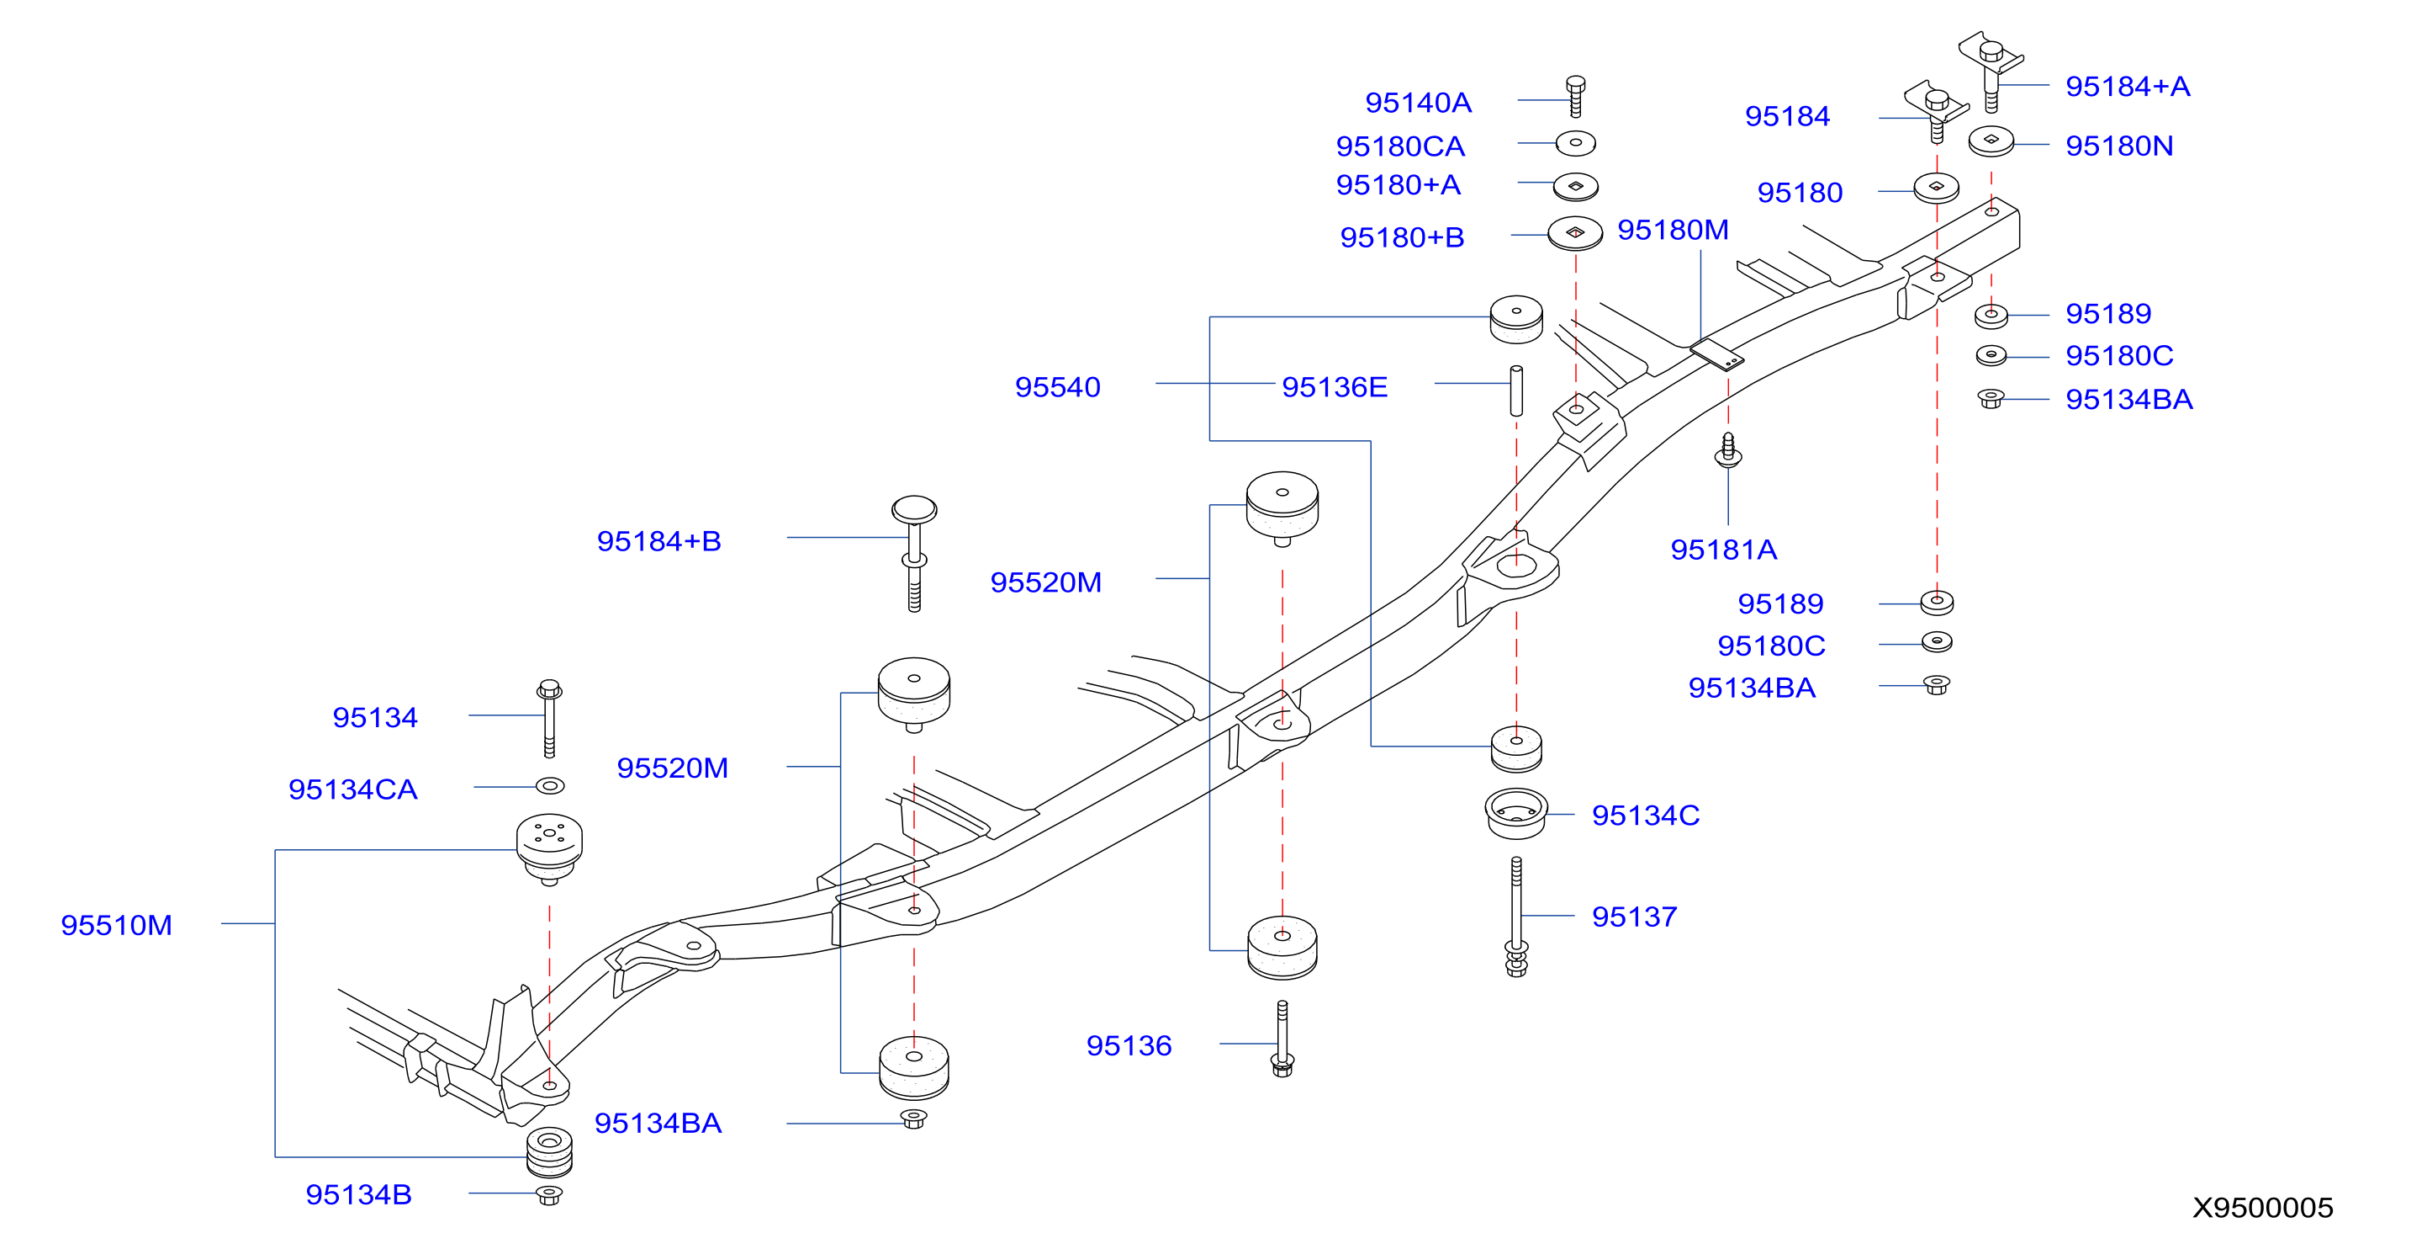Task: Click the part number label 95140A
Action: point(1417,102)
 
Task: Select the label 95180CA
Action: point(1400,146)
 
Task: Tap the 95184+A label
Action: point(2128,86)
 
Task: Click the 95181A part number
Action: point(1723,549)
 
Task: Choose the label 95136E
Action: point(1334,386)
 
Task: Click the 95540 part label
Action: point(1057,386)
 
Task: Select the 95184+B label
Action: point(658,541)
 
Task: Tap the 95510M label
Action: point(116,925)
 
